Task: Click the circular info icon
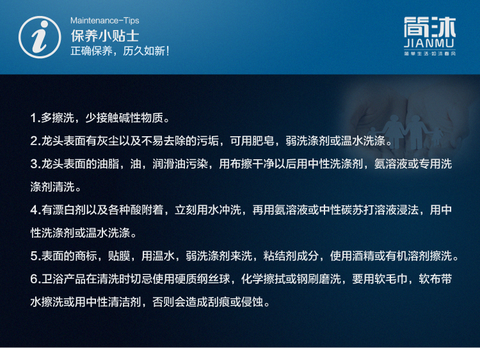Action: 40,37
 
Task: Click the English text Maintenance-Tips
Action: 105,20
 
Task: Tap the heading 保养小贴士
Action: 105,36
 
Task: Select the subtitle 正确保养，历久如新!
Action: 120,51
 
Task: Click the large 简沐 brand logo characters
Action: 429,27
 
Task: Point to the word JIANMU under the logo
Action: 429,43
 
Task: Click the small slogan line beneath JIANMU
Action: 429,54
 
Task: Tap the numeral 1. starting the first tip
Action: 35,118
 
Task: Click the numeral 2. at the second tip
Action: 35,141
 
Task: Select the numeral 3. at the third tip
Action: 35,164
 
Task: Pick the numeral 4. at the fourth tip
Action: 35,210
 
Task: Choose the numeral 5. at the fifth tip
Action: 35,256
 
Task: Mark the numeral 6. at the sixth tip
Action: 35,279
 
